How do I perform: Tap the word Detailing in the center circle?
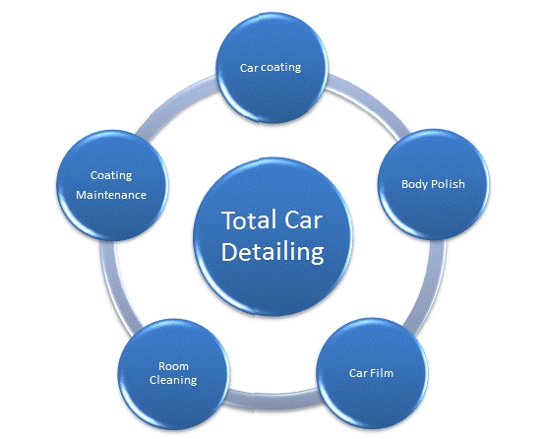(x=273, y=252)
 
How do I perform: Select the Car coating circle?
(x=273, y=68)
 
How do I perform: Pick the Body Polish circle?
(x=434, y=184)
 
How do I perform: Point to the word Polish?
(x=448, y=184)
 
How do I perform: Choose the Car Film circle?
(x=372, y=373)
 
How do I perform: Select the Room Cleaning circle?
(x=174, y=374)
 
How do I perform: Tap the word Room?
(x=174, y=366)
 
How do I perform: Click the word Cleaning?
(x=173, y=380)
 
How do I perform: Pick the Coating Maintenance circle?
(x=112, y=185)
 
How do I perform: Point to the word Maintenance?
(x=111, y=195)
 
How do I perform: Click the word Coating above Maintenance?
(x=111, y=175)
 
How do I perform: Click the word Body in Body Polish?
(x=414, y=184)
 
